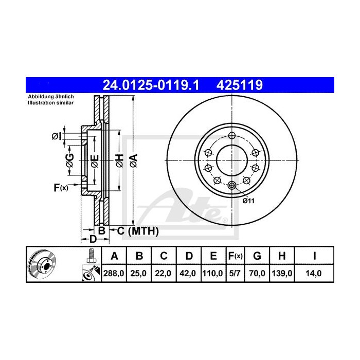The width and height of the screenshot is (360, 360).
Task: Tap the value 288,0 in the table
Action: point(115,274)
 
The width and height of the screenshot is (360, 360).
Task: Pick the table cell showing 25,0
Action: point(139,274)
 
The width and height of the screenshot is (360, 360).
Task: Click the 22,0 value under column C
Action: point(163,274)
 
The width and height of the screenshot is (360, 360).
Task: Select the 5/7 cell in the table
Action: point(235,274)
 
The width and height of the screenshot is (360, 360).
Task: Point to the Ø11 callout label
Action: point(249,201)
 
